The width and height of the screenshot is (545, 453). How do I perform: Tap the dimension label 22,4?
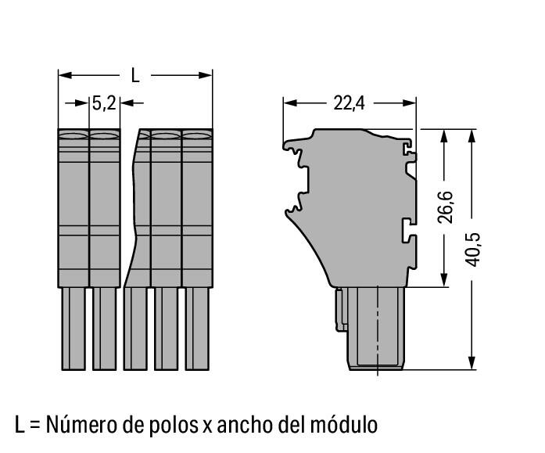(349, 102)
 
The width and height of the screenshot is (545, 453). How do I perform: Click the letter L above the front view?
(134, 76)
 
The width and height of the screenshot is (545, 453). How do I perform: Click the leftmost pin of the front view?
(73, 329)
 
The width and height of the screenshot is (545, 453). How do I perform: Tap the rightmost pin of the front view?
(196, 329)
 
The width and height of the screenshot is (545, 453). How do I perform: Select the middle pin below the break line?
(134, 329)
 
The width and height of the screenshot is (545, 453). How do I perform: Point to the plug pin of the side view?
(378, 329)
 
